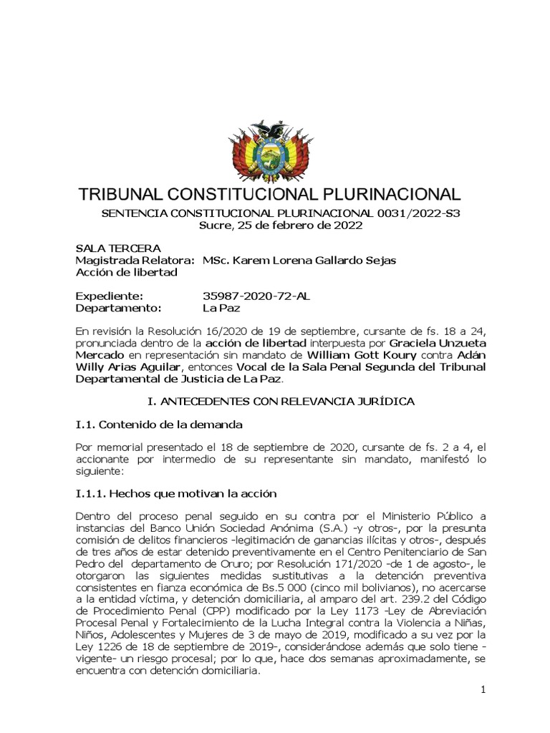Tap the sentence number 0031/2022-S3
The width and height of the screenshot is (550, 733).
tap(407, 213)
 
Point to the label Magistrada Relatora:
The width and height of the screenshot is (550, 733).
tap(135, 260)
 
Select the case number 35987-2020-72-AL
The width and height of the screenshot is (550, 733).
tap(256, 296)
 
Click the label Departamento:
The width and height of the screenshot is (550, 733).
tap(120, 309)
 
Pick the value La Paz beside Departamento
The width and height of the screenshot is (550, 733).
tap(221, 309)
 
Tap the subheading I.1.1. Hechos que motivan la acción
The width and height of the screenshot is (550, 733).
tap(175, 494)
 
